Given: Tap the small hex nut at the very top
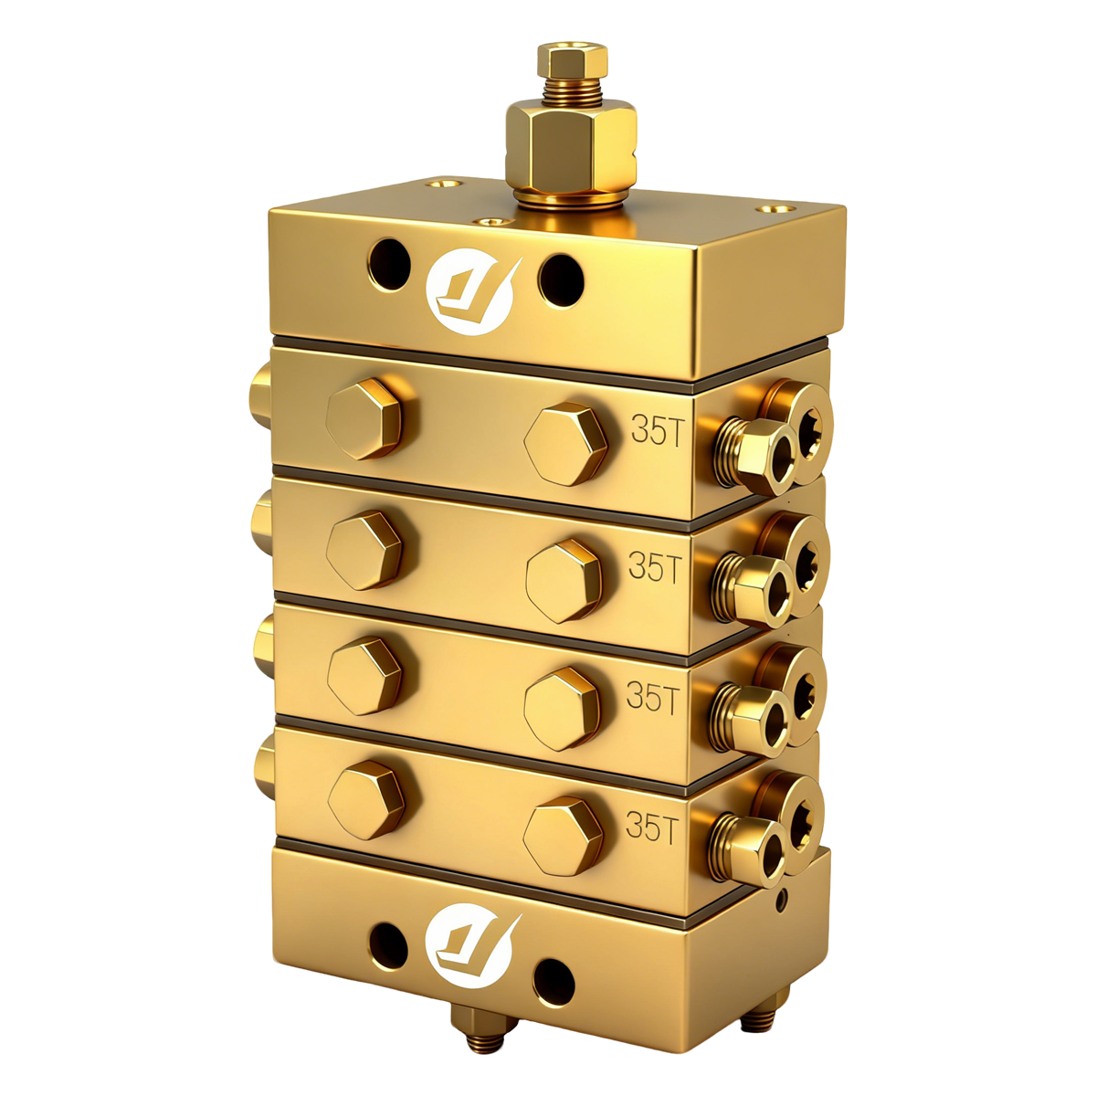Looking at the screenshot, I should (x=573, y=63).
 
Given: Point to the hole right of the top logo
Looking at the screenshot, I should (x=560, y=279).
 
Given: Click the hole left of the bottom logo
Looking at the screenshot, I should (x=387, y=944).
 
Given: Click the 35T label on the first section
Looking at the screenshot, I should (x=656, y=431).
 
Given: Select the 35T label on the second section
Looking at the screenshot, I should (x=654, y=567).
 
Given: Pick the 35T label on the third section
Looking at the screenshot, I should (x=652, y=698).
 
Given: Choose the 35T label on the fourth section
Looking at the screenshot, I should (x=651, y=827).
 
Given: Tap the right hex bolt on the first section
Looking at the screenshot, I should (x=566, y=444).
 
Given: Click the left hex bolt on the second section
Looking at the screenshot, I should (x=364, y=550).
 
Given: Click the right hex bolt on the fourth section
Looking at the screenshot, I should (x=564, y=835).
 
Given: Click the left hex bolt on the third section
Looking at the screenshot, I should (x=364, y=675).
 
